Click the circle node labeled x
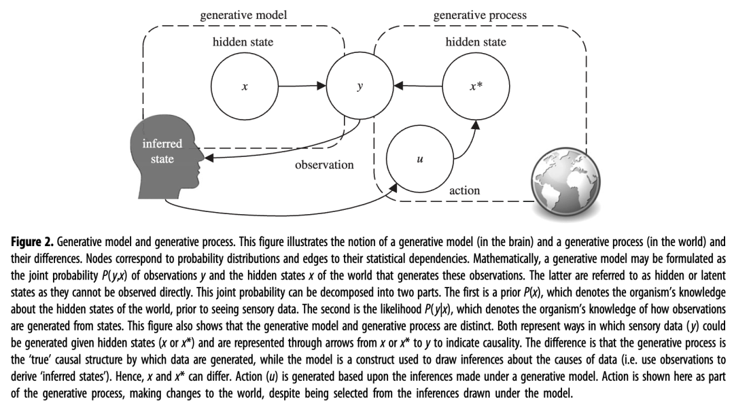click(x=244, y=86)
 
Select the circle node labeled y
click(x=359, y=86)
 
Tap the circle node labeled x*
click(x=475, y=86)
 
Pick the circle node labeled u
click(x=419, y=160)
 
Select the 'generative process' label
click(x=480, y=15)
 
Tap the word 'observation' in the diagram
click(x=324, y=165)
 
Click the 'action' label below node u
click(x=464, y=190)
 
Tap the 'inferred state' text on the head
click(x=162, y=152)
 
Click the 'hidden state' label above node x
click(x=243, y=42)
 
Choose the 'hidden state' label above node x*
click(x=476, y=42)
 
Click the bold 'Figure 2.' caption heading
click(x=33, y=242)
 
